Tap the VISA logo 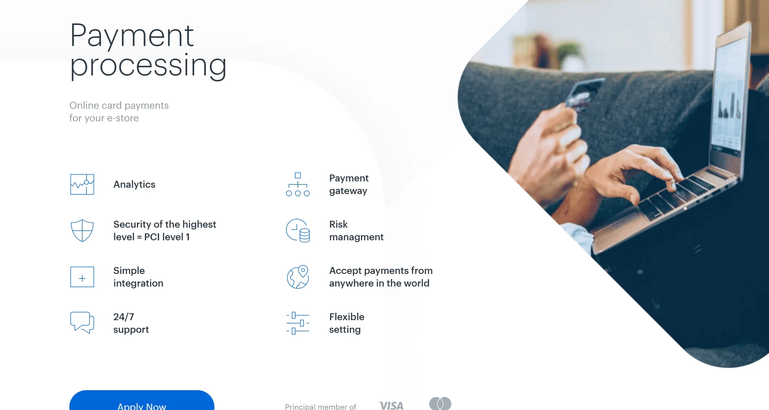(x=391, y=406)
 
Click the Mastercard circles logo (x=440, y=403)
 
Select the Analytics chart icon (x=82, y=184)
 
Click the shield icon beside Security (x=82, y=230)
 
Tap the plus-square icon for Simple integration (x=82, y=277)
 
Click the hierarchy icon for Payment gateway (x=298, y=184)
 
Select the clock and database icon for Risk (x=298, y=230)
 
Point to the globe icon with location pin (x=298, y=277)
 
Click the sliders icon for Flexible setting (x=298, y=323)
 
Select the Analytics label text (x=134, y=184)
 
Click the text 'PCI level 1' (x=167, y=237)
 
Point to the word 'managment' (x=356, y=237)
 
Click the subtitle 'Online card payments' (x=119, y=105)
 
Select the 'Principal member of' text (x=320, y=407)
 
